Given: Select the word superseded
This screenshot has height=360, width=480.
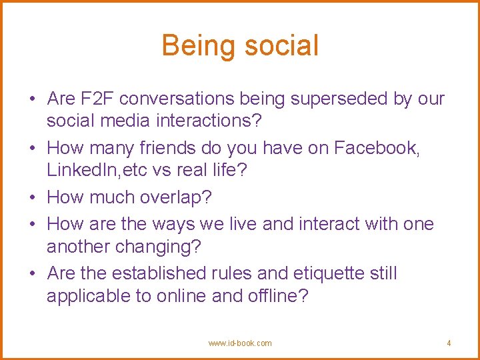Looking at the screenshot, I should point(341,99).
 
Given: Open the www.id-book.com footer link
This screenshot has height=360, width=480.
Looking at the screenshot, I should point(240,343).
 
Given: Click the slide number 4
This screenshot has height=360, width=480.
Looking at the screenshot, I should point(449,343).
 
